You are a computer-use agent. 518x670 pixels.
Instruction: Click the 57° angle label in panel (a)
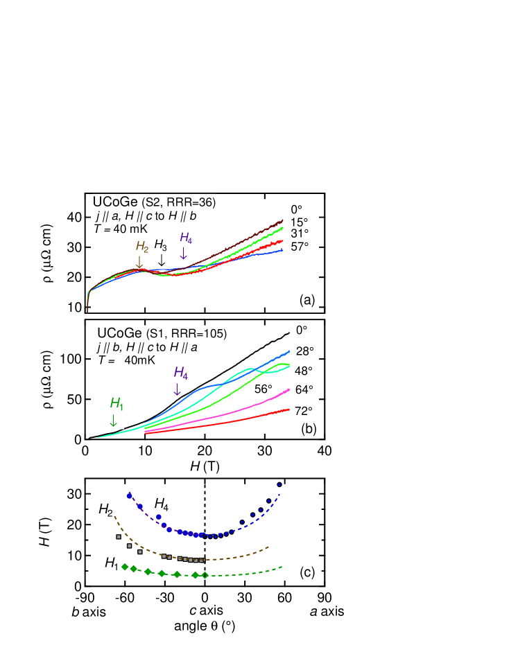point(299,247)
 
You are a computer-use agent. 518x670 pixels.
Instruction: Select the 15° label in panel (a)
point(299,222)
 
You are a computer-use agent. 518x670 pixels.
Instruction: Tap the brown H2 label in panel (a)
point(141,247)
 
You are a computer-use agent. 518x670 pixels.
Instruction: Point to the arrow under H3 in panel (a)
point(161,260)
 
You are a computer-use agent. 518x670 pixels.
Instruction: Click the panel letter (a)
point(307,299)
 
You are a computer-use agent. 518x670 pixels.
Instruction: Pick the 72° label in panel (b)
point(303,410)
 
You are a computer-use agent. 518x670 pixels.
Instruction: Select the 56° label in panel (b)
point(262,389)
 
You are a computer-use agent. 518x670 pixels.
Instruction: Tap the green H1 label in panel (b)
point(116,403)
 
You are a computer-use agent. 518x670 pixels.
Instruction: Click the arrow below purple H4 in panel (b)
point(177,389)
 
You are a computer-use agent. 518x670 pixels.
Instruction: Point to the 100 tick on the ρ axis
point(72,359)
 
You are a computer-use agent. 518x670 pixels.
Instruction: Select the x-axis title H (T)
point(205,466)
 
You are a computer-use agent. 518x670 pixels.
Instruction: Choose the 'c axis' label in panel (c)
point(206,610)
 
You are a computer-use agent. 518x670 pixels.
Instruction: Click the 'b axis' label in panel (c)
point(88,612)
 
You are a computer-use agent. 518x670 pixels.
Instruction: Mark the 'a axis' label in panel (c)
point(326,611)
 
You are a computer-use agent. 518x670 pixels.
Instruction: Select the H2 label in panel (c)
point(105,510)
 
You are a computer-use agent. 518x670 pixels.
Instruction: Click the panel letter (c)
point(307,572)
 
